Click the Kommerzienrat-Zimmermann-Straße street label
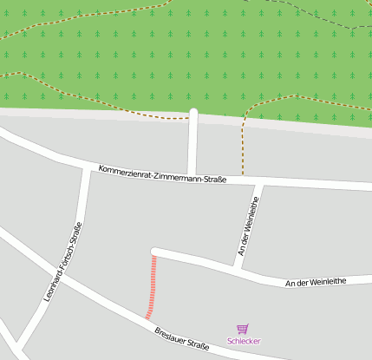pos(162,173)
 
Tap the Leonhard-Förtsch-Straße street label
pos(62,262)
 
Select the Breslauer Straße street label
pos(182,339)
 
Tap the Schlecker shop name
pos(244,341)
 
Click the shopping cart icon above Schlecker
pos(243,329)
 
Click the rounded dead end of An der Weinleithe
pos(155,252)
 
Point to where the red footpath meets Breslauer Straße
pos(147,318)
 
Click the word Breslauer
pos(169,335)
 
